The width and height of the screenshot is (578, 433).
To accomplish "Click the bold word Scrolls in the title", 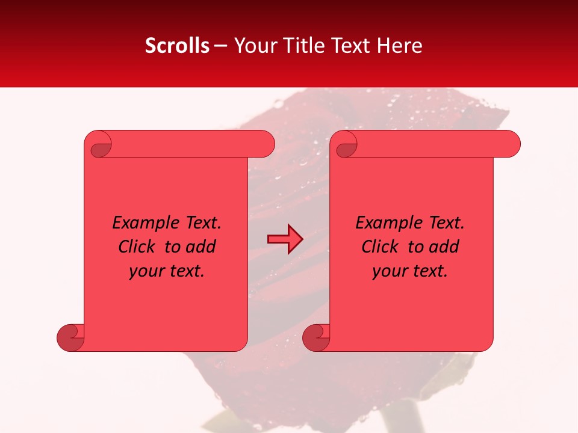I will tap(177, 46).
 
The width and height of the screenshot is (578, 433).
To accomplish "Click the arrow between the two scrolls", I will tap(285, 239).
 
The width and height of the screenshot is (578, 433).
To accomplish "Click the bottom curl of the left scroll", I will tap(70, 337).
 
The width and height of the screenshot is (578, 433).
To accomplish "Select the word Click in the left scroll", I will tap(138, 247).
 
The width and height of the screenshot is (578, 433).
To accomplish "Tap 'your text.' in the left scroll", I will tap(167, 271).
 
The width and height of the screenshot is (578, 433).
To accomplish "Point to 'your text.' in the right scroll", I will tap(410, 271).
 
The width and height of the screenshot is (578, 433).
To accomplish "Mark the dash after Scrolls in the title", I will tap(220, 46).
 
